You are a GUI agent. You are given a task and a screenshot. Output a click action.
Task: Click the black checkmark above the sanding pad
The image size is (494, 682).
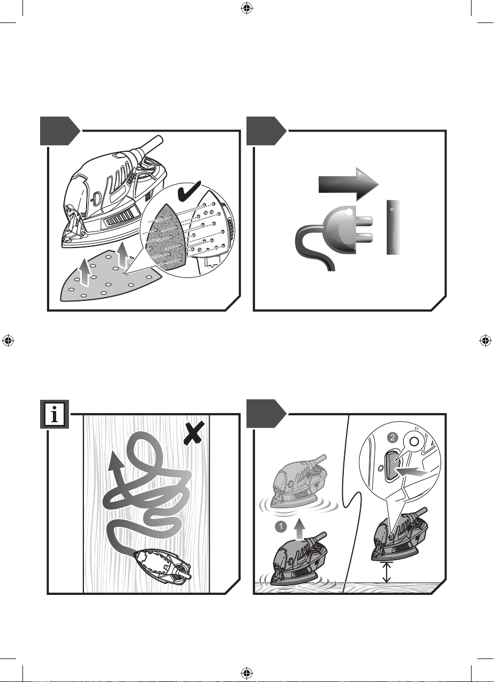point(189,192)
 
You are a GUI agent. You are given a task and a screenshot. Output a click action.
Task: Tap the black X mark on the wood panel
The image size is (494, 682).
point(194,434)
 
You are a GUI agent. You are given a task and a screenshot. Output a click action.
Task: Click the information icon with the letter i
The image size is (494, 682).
point(55,414)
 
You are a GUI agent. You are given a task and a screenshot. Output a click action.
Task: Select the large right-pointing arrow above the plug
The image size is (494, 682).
point(349,184)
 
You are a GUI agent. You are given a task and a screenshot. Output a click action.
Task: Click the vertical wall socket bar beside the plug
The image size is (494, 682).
point(393,227)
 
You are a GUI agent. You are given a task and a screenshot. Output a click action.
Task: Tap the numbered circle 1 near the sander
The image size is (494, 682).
point(281,526)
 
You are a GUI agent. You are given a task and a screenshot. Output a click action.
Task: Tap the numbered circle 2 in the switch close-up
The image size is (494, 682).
point(392,438)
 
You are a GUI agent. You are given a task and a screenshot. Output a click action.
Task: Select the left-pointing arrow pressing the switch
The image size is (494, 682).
point(412,472)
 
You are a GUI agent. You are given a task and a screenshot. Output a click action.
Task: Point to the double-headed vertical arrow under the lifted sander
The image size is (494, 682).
point(387,572)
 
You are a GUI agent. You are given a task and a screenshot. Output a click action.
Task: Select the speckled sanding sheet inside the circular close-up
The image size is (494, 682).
point(166,236)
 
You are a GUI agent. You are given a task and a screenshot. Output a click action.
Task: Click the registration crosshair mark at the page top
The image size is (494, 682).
point(246,9)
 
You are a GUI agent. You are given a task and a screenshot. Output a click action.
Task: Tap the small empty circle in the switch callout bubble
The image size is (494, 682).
point(413,441)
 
